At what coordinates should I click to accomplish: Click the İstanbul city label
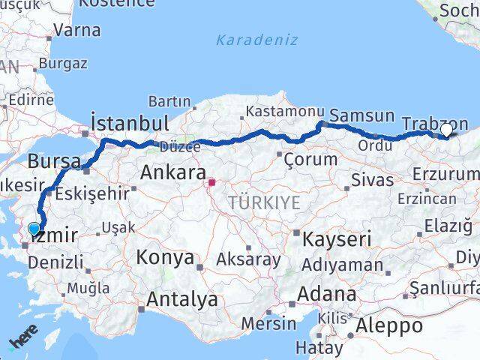pos(128,123)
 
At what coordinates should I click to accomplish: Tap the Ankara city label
pos(173,173)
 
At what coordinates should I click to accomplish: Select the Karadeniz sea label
pos(256,40)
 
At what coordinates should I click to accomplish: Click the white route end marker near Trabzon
pos(446,130)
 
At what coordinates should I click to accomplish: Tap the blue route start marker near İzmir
pos(34,229)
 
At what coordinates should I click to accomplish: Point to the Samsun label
pos(361,115)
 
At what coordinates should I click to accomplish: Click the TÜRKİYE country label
pos(264,202)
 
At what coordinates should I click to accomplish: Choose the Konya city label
pos(165,258)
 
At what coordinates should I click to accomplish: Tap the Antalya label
pos(182,299)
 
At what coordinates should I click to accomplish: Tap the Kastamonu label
pos(282,112)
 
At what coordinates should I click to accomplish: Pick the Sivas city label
pos(373,180)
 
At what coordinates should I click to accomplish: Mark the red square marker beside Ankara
pos(212,181)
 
